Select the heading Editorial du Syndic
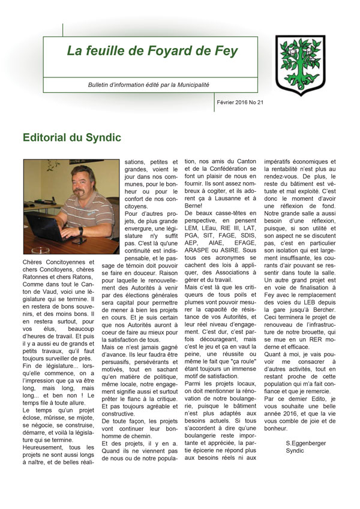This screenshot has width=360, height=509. tap(71, 137)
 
